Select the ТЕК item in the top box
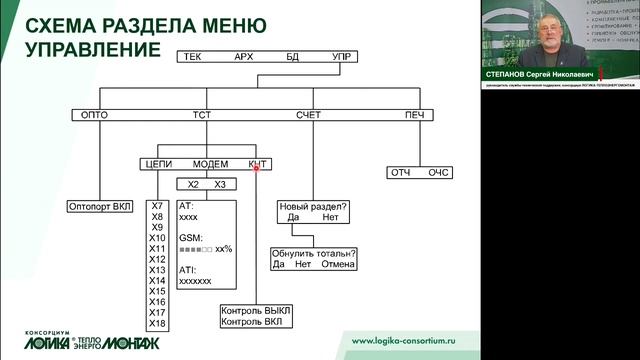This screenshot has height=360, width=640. (193, 57)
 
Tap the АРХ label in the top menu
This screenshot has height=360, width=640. (243, 57)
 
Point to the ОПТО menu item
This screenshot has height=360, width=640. (92, 116)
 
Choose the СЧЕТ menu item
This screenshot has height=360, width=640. (309, 116)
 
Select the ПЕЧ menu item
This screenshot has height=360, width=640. (413, 116)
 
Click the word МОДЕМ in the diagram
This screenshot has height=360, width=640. (210, 164)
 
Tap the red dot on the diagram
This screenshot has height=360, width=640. (257, 167)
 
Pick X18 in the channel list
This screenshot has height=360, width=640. (157, 323)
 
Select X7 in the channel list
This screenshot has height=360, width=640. (157, 206)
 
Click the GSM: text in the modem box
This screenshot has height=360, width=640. (190, 238)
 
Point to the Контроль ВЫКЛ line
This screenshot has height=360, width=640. (255, 311)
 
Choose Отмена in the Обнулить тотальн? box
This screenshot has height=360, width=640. (339, 264)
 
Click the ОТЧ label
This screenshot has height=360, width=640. (401, 173)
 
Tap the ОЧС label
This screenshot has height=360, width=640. (439, 173)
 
